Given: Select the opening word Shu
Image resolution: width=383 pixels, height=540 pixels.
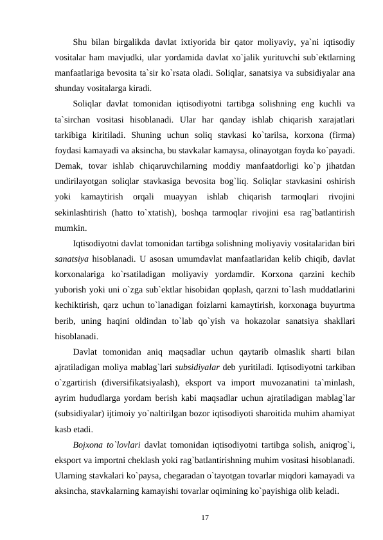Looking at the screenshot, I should (x=80, y=43).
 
